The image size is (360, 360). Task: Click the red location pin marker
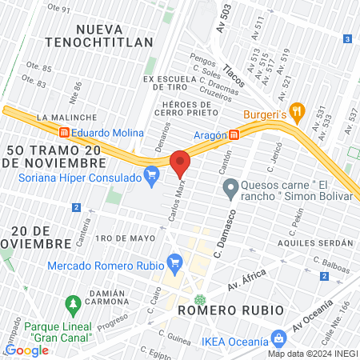point(180,163)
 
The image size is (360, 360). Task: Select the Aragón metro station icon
point(234,134)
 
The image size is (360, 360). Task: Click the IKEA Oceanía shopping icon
point(278,338)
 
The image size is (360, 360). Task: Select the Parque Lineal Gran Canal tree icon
point(74,304)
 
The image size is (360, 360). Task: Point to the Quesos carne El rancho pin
point(230,189)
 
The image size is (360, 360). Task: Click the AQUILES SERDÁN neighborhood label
point(315,242)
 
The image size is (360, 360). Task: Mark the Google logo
point(27,350)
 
